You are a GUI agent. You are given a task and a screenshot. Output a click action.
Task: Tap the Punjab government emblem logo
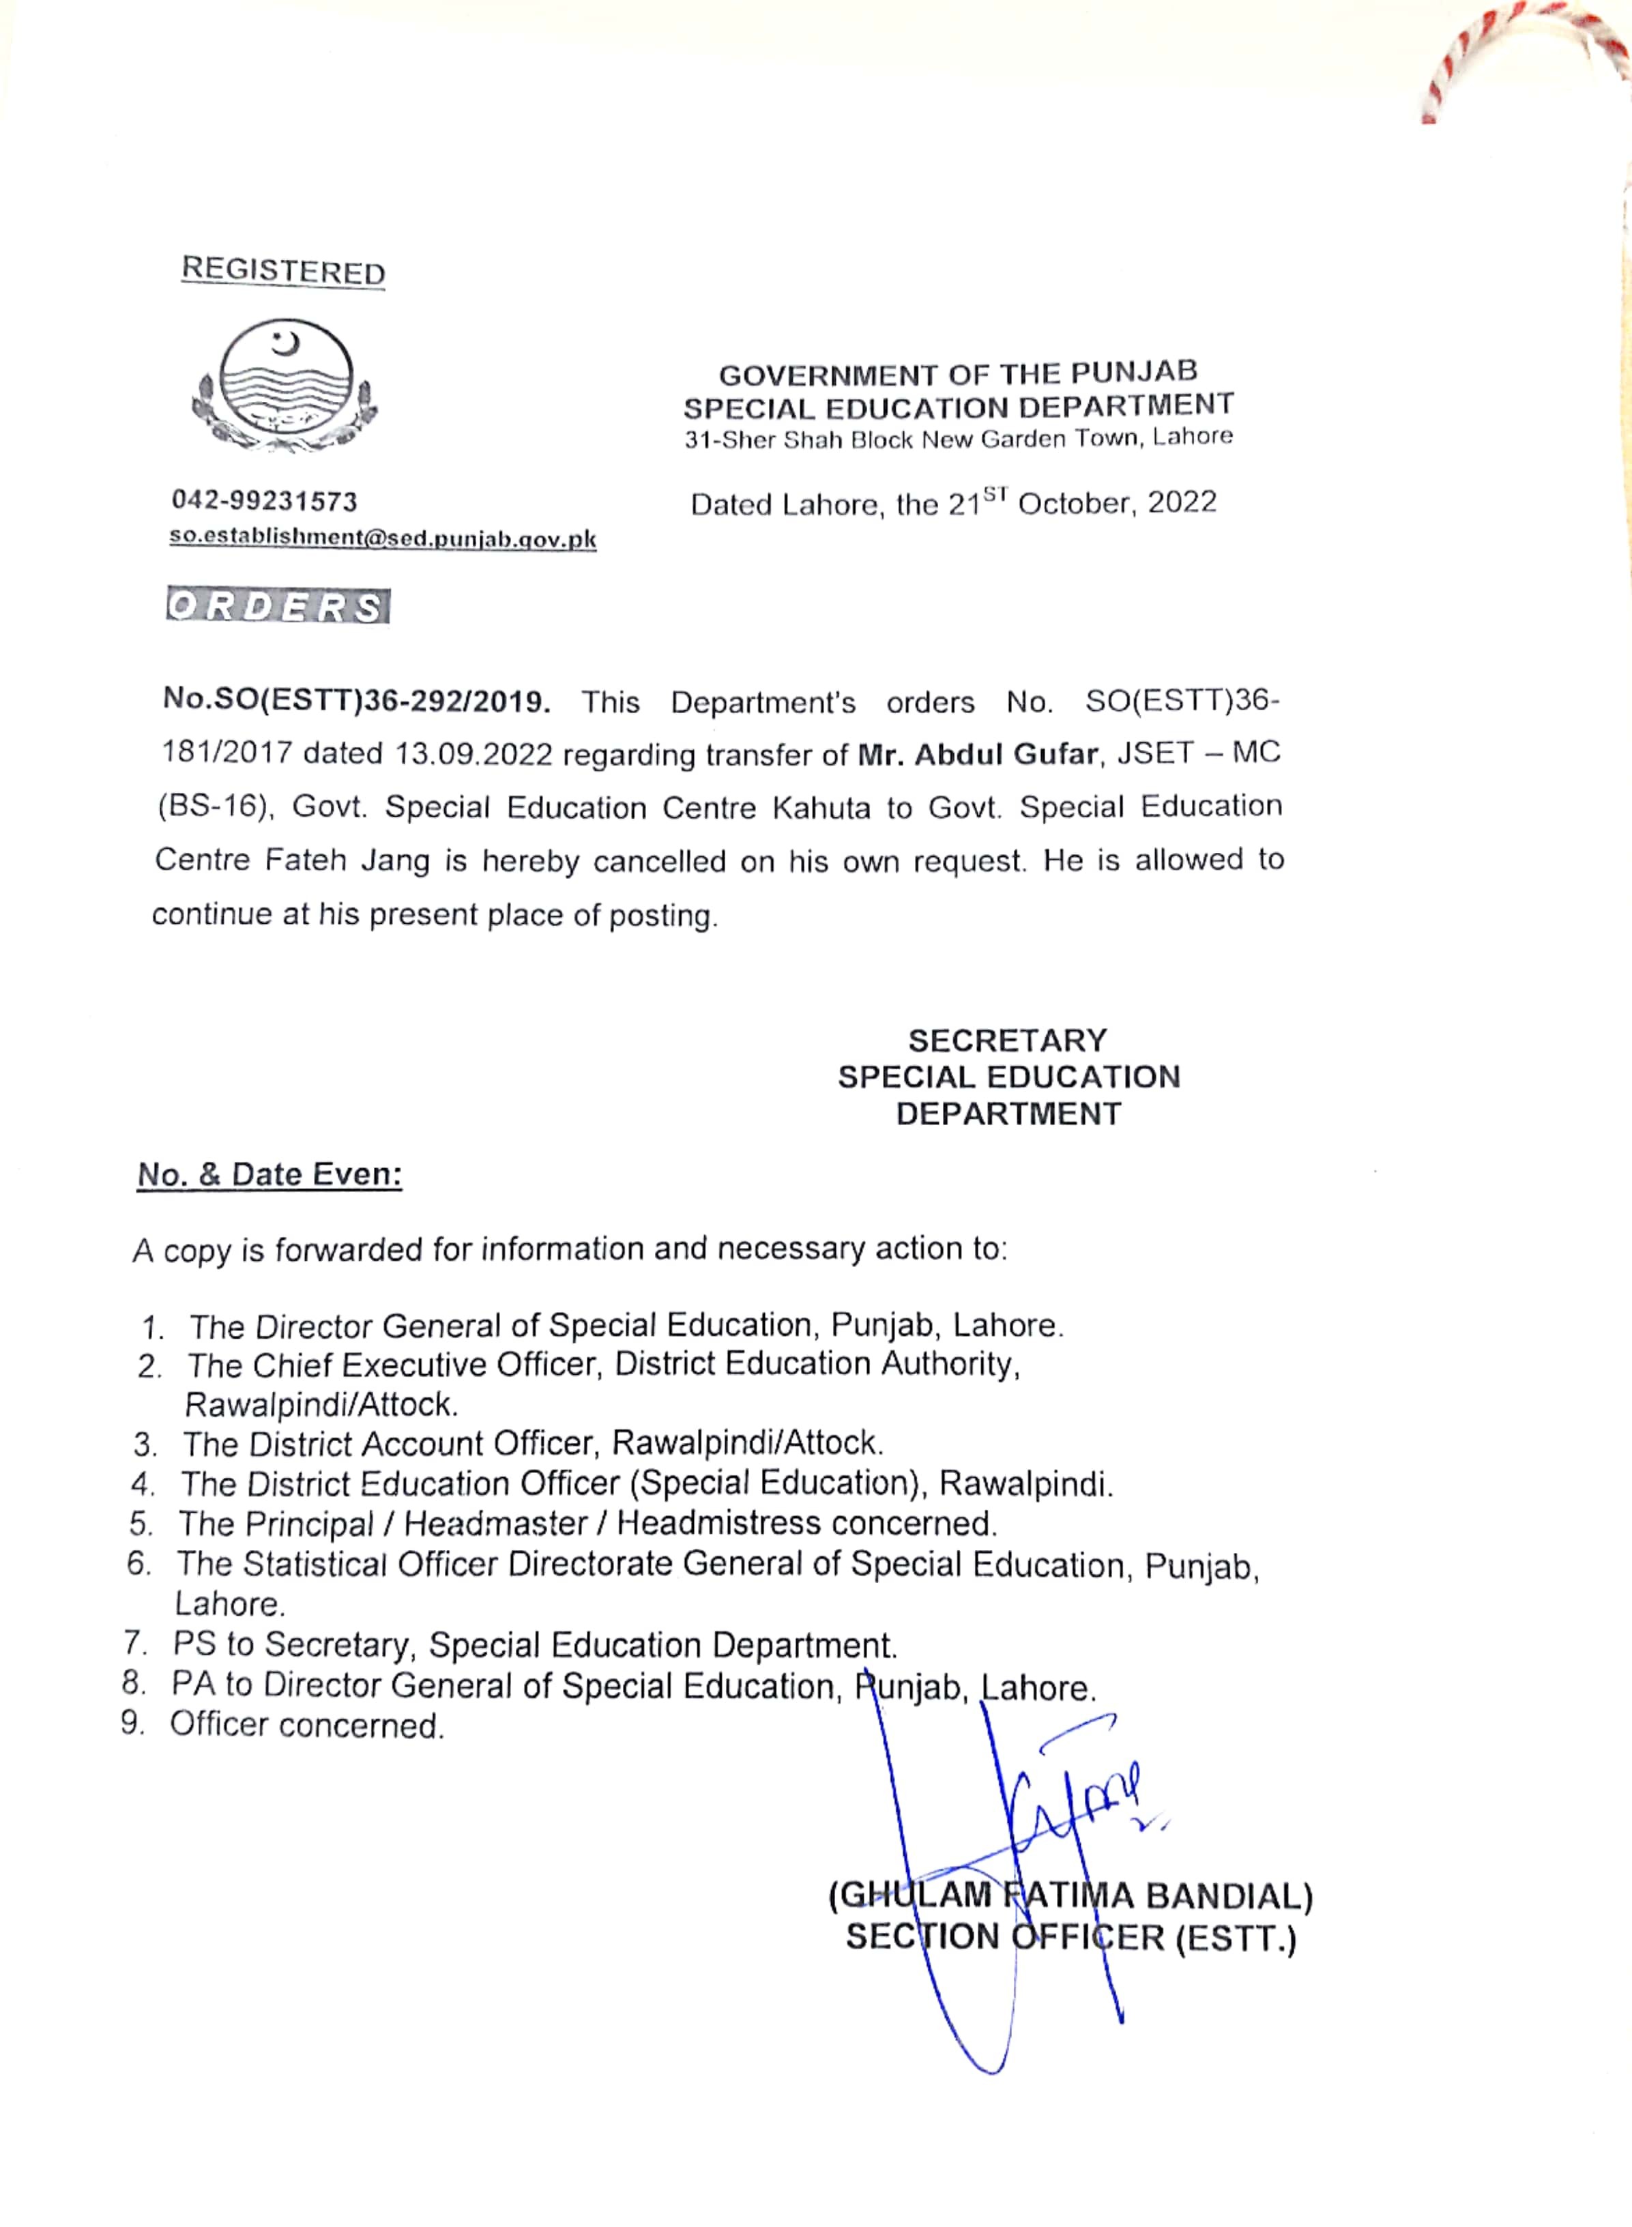(285, 385)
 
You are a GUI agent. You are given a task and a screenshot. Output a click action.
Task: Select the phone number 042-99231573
(265, 501)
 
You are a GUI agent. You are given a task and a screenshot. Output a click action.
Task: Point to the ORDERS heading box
(278, 606)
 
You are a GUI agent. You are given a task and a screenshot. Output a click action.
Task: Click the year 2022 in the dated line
(1182, 502)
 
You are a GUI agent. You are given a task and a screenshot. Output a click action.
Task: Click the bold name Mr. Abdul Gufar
(977, 754)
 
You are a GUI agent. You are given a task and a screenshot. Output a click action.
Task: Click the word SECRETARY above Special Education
(1008, 1040)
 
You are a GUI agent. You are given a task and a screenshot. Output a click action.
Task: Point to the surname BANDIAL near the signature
(1229, 1896)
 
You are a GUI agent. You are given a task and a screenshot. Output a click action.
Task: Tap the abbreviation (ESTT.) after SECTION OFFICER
(1235, 1938)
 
